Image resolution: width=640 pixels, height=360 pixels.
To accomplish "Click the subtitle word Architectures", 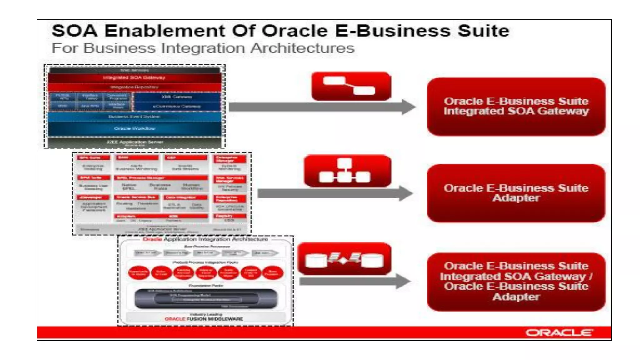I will pyautogui.click(x=302, y=48).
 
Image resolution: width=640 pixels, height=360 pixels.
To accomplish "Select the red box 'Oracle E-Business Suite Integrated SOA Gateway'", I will pyautogui.click(x=516, y=107).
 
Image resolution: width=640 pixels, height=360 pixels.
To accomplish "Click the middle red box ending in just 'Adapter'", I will pyautogui.click(x=516, y=193).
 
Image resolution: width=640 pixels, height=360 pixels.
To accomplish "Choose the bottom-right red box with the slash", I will pyautogui.click(x=516, y=282).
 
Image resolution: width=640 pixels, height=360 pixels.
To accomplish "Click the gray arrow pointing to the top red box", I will pyautogui.click(x=322, y=107).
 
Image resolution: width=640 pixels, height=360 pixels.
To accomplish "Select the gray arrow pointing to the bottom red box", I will pyautogui.click(x=354, y=281).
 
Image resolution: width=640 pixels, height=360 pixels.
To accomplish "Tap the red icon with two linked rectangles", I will pyautogui.click(x=351, y=86).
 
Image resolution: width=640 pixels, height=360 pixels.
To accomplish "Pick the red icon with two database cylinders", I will pyautogui.click(x=344, y=259).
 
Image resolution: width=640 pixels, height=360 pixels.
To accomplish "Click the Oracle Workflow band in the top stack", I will pyautogui.click(x=134, y=128).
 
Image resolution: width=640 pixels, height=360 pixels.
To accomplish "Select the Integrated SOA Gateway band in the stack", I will pyautogui.click(x=134, y=77).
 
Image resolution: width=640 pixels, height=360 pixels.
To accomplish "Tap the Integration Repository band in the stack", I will pyautogui.click(x=134, y=87).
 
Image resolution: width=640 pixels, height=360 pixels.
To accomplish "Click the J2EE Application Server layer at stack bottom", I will pyautogui.click(x=134, y=142).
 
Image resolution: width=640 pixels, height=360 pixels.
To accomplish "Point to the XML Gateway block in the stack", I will pyautogui.click(x=177, y=97).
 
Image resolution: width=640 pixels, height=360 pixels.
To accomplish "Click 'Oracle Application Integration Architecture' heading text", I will pyautogui.click(x=205, y=239).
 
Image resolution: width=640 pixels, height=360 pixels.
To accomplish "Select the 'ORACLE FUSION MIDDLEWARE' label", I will pyautogui.click(x=204, y=319).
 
